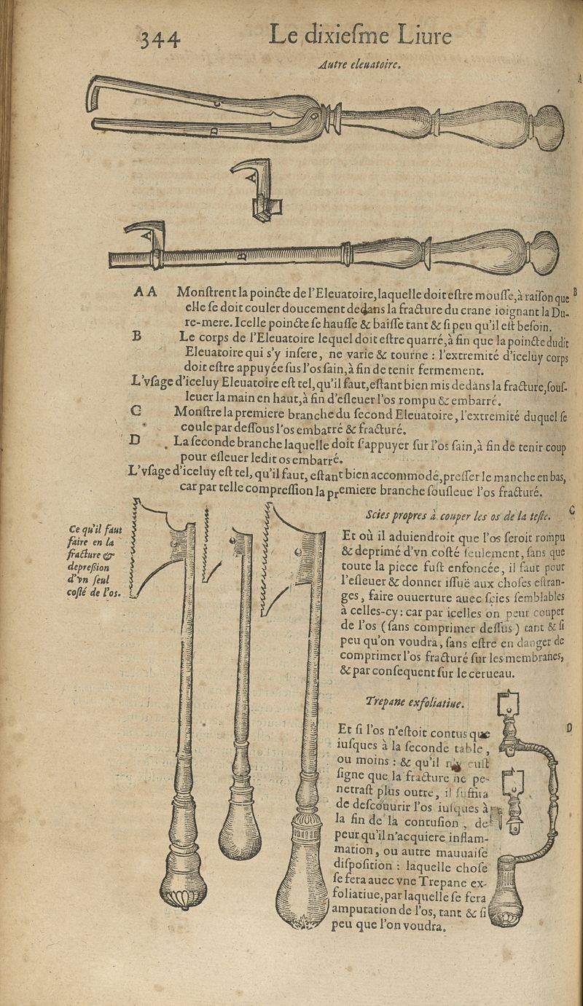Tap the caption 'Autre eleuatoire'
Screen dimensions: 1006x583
click(361, 65)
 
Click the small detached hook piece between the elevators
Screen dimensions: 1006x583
click(254, 188)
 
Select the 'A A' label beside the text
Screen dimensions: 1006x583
click(145, 291)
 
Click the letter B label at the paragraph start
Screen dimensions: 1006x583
click(136, 337)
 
